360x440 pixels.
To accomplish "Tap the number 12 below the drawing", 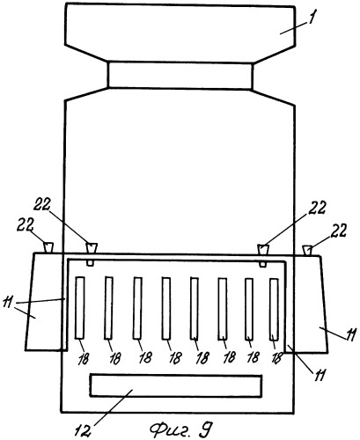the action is pos(83,429).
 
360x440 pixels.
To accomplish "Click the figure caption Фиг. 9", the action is pos(180,429).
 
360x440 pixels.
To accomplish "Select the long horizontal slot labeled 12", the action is pos(176,385).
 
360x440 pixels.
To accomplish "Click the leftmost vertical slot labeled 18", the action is pos(80,308).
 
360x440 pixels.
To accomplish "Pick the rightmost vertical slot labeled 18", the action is pos(274,310).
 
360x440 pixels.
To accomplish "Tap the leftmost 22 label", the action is pos(25,225).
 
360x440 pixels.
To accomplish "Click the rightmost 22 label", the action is pos(339,231).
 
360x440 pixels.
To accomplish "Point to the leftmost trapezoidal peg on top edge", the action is pos(48,247).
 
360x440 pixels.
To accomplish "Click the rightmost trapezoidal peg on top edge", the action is pos(307,251).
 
